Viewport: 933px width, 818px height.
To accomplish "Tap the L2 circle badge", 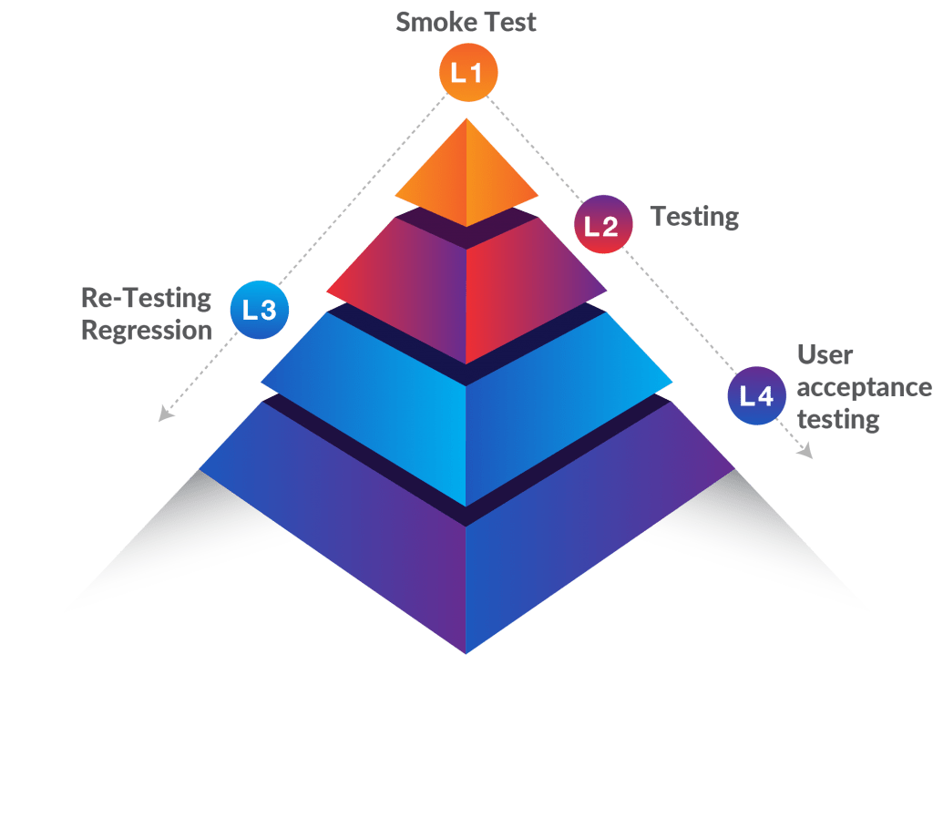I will click(602, 224).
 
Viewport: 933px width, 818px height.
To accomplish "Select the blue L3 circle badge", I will click(259, 310).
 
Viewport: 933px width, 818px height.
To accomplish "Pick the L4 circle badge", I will click(756, 396).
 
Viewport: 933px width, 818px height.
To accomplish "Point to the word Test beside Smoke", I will click(510, 22).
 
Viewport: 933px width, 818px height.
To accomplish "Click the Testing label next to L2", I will click(694, 217).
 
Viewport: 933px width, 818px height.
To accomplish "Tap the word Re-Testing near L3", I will click(146, 297).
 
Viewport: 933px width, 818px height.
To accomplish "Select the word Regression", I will click(146, 329).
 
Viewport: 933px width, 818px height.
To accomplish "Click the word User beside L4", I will click(825, 354).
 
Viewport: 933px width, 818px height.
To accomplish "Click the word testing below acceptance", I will click(838, 419).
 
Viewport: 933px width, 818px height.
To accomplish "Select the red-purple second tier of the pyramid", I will click(466, 282).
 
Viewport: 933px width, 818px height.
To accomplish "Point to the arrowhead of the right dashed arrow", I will click(805, 452).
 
